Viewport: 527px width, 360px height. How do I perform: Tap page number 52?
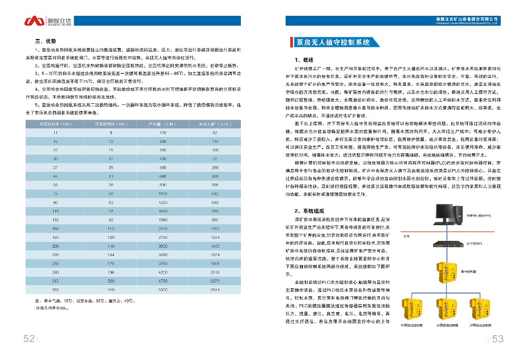click(x=28, y=339)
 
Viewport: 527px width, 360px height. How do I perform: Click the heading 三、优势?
click(x=45, y=41)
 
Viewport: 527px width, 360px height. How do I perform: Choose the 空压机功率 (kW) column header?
click(x=55, y=124)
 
